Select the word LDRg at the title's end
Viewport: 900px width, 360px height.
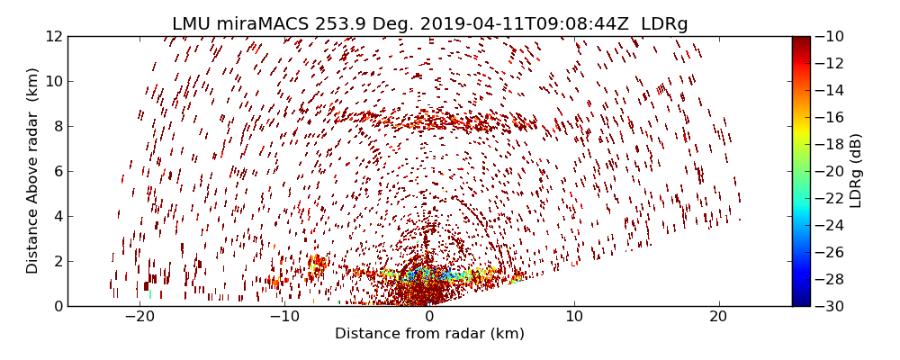click(x=664, y=24)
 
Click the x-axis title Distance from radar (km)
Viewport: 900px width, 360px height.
click(x=429, y=334)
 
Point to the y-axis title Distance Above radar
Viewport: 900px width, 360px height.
click(x=33, y=171)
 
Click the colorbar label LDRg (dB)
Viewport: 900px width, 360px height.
click(x=856, y=171)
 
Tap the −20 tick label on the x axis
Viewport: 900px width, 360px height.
click(x=139, y=317)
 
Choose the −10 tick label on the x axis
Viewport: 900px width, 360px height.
click(x=284, y=317)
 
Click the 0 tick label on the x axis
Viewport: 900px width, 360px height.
click(x=429, y=317)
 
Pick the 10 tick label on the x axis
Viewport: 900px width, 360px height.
click(x=574, y=317)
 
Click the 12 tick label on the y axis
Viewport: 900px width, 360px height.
click(x=53, y=36)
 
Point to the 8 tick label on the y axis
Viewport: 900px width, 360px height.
click(x=57, y=126)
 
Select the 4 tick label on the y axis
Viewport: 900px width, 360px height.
click(x=57, y=216)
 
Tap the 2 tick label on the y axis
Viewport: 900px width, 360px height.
click(x=57, y=261)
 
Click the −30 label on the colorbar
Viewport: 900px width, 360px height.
click(x=829, y=306)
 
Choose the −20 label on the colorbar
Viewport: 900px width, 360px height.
click(x=829, y=171)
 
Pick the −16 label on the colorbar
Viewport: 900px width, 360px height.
click(x=829, y=117)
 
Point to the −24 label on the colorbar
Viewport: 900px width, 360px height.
click(x=829, y=225)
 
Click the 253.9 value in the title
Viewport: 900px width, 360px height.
click(x=325, y=24)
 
